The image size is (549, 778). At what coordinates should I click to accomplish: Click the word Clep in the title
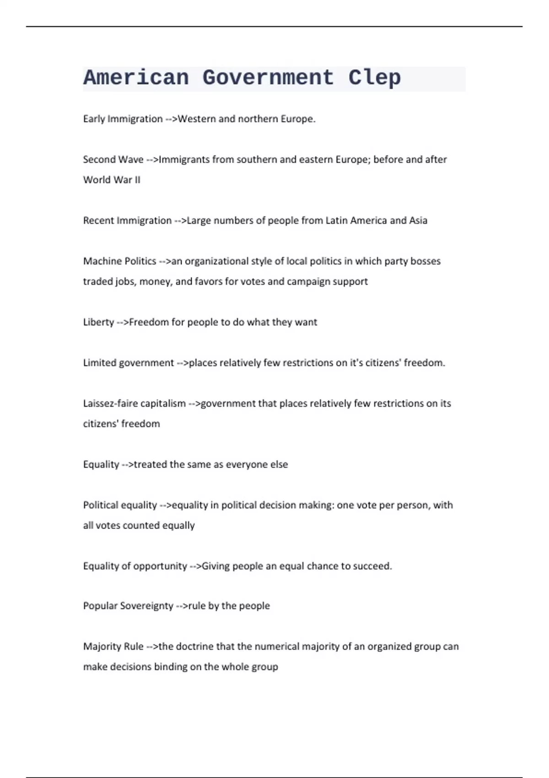tap(374, 78)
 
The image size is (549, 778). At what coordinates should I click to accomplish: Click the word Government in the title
tap(268, 78)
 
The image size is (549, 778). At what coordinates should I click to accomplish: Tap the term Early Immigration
tap(123, 119)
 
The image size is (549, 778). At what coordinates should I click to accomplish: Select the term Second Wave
tap(113, 160)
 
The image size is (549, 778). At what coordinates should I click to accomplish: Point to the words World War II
tap(112, 180)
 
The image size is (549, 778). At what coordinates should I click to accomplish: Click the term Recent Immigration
tap(127, 221)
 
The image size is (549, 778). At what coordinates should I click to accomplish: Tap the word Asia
tap(418, 221)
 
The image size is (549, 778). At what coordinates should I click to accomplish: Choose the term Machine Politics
tap(119, 261)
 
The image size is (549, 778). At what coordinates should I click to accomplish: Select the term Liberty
tap(98, 322)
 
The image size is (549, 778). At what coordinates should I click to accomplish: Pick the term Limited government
tap(129, 363)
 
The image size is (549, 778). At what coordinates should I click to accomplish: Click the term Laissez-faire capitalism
tap(135, 404)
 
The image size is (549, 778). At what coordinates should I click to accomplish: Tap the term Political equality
tap(120, 505)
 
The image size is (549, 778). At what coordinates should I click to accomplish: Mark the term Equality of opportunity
tap(135, 566)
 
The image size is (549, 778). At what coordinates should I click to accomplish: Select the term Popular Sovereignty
tap(128, 606)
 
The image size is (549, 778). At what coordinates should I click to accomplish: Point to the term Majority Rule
tap(113, 647)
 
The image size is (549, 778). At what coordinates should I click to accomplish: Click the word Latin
tap(335, 221)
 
